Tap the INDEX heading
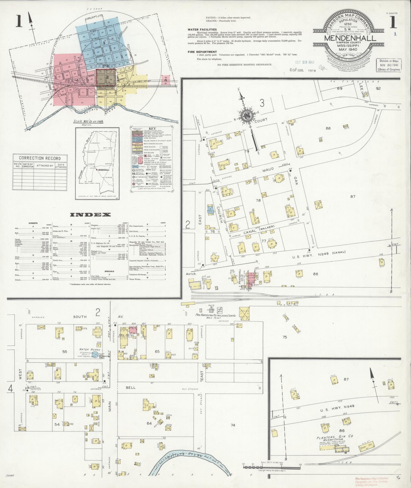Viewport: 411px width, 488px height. point(90,215)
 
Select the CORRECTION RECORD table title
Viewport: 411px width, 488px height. point(40,158)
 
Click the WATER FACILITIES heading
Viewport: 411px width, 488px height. point(202,30)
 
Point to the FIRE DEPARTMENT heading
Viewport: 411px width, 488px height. point(202,52)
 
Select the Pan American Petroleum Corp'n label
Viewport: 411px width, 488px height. point(216,316)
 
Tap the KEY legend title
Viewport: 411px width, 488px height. point(151,129)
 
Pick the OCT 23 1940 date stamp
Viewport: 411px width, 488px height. point(304,62)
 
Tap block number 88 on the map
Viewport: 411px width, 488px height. point(328,128)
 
